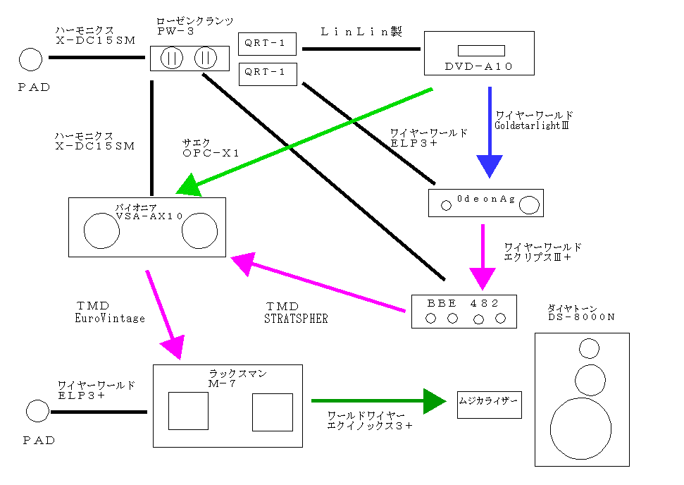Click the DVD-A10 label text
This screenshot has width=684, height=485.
(x=479, y=66)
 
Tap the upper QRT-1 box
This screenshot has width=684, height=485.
(x=268, y=44)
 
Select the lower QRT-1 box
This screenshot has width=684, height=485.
(x=268, y=73)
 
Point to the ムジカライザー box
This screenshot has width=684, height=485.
(x=489, y=404)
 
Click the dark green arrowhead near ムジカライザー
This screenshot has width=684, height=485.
(x=434, y=400)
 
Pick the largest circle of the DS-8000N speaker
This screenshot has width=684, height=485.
(x=580, y=429)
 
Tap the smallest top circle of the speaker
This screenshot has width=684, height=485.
(x=589, y=348)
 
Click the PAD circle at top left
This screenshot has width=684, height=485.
(x=30, y=59)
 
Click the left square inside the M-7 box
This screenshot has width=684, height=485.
(x=188, y=410)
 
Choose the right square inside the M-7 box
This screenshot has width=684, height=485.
(x=272, y=412)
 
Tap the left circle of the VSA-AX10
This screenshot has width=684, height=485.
(x=101, y=230)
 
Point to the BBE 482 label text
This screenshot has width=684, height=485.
(x=463, y=303)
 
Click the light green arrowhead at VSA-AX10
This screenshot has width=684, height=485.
(x=189, y=187)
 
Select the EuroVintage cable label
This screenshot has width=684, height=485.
(x=110, y=319)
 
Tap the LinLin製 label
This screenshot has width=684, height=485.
(x=361, y=32)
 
